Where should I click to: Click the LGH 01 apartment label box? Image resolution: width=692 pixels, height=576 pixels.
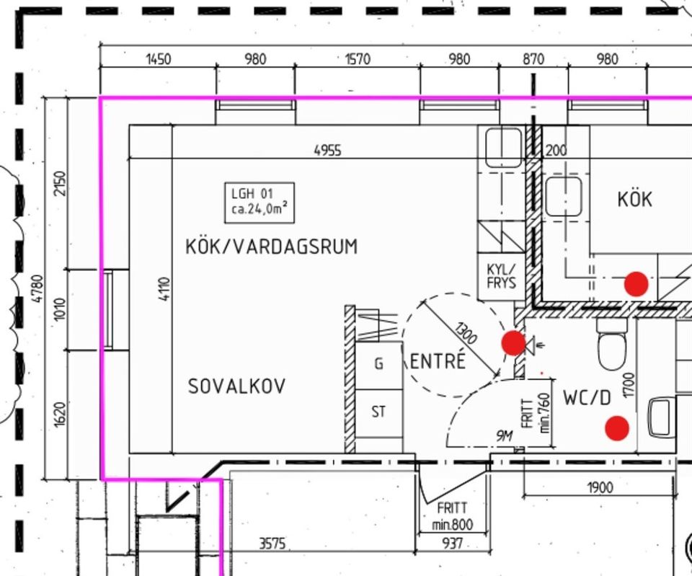259,203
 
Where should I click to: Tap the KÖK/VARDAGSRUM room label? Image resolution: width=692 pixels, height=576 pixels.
272,247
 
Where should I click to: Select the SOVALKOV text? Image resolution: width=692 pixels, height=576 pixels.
236,386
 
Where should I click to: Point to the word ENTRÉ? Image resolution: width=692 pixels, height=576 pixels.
438,360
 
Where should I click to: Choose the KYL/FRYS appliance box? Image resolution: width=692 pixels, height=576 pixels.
502,276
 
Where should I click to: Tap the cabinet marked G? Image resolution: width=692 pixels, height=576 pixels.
379,365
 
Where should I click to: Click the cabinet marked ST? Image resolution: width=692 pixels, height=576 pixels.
379,412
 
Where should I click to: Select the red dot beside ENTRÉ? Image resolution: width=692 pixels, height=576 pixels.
514,343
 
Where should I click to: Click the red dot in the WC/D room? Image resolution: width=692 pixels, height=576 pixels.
617,428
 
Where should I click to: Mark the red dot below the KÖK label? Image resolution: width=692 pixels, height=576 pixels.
636,284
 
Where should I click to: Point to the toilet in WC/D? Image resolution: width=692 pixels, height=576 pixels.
612,344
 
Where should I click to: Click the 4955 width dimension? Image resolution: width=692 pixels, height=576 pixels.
327,151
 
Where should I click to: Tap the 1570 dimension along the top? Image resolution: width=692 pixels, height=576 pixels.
357,58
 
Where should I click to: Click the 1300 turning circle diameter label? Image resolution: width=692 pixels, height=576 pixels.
466,333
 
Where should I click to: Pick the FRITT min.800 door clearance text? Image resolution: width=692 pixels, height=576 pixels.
453,516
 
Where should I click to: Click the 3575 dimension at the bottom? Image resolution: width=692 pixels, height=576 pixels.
272,544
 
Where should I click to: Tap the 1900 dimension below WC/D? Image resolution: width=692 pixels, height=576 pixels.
600,488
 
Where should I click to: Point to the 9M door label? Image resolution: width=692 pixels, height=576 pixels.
505,436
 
